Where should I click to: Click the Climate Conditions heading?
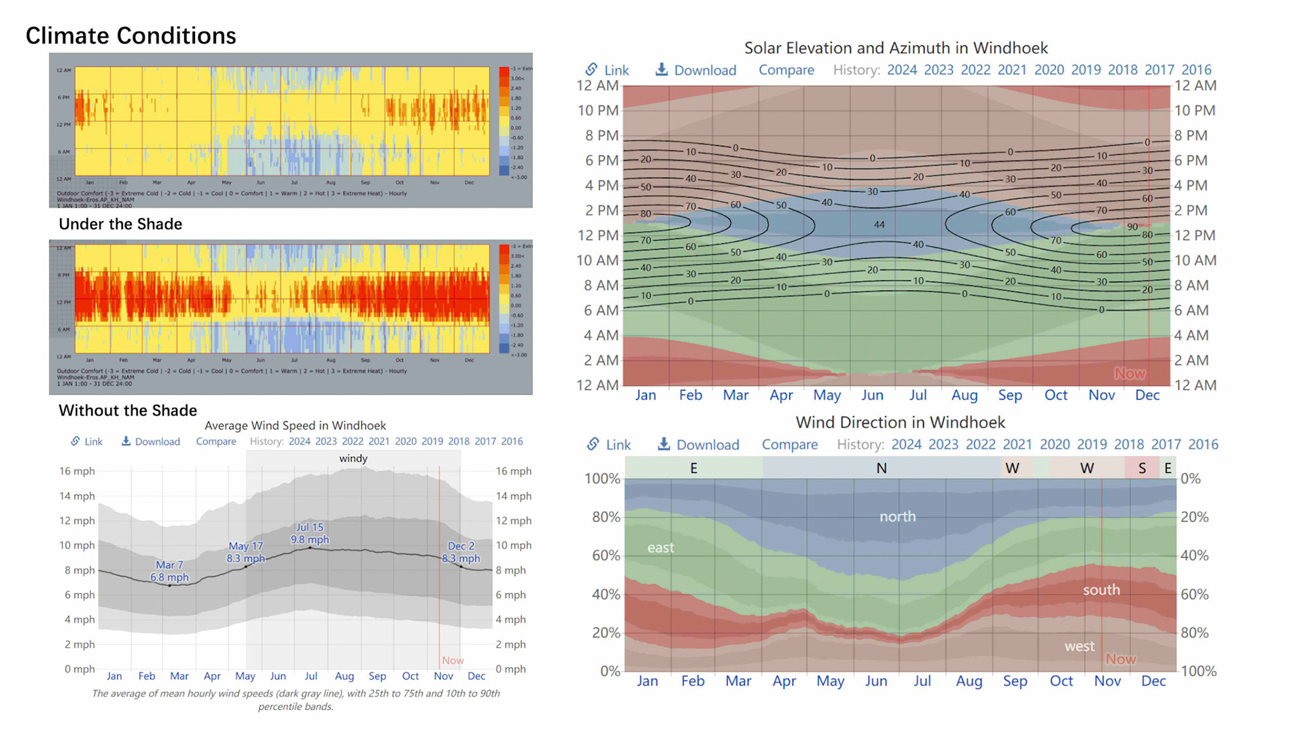[x=130, y=35]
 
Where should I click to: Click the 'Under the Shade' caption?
[x=120, y=224]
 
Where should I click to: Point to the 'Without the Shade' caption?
[x=128, y=410]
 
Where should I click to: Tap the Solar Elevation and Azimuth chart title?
[x=896, y=48]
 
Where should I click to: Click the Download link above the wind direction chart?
[x=699, y=444]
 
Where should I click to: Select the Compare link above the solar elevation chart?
[x=786, y=70]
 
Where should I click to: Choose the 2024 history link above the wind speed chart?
[x=299, y=441]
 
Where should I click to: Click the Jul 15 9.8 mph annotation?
[x=310, y=534]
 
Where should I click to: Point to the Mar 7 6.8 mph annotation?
[x=169, y=571]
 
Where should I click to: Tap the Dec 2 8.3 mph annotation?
[x=461, y=552]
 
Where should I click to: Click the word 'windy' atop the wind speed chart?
[x=353, y=459]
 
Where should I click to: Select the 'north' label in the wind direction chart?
[x=897, y=517]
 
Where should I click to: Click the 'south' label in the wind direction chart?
[x=1101, y=590]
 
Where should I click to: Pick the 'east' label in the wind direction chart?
[x=661, y=548]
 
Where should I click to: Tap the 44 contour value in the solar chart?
[x=880, y=225]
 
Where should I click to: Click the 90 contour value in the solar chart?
[x=1132, y=227]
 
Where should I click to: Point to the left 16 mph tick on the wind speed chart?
[x=77, y=471]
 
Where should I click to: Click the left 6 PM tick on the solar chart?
[x=598, y=160]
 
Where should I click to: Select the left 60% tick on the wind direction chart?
[x=606, y=555]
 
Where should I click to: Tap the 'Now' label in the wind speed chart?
[x=453, y=661]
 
